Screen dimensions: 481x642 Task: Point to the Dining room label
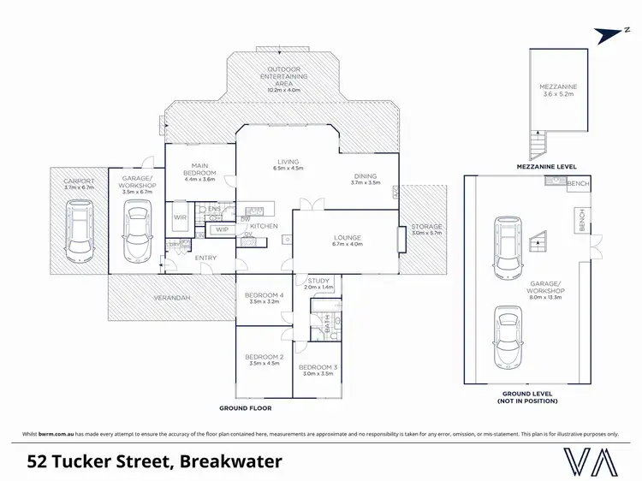click(x=366, y=176)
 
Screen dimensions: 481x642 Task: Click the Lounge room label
click(x=347, y=237)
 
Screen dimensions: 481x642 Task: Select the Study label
click(x=319, y=279)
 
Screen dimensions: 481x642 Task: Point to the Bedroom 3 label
click(x=318, y=367)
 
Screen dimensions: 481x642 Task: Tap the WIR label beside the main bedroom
click(x=180, y=217)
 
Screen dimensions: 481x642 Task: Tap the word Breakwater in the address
click(x=230, y=462)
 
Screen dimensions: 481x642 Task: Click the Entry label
click(x=205, y=258)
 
